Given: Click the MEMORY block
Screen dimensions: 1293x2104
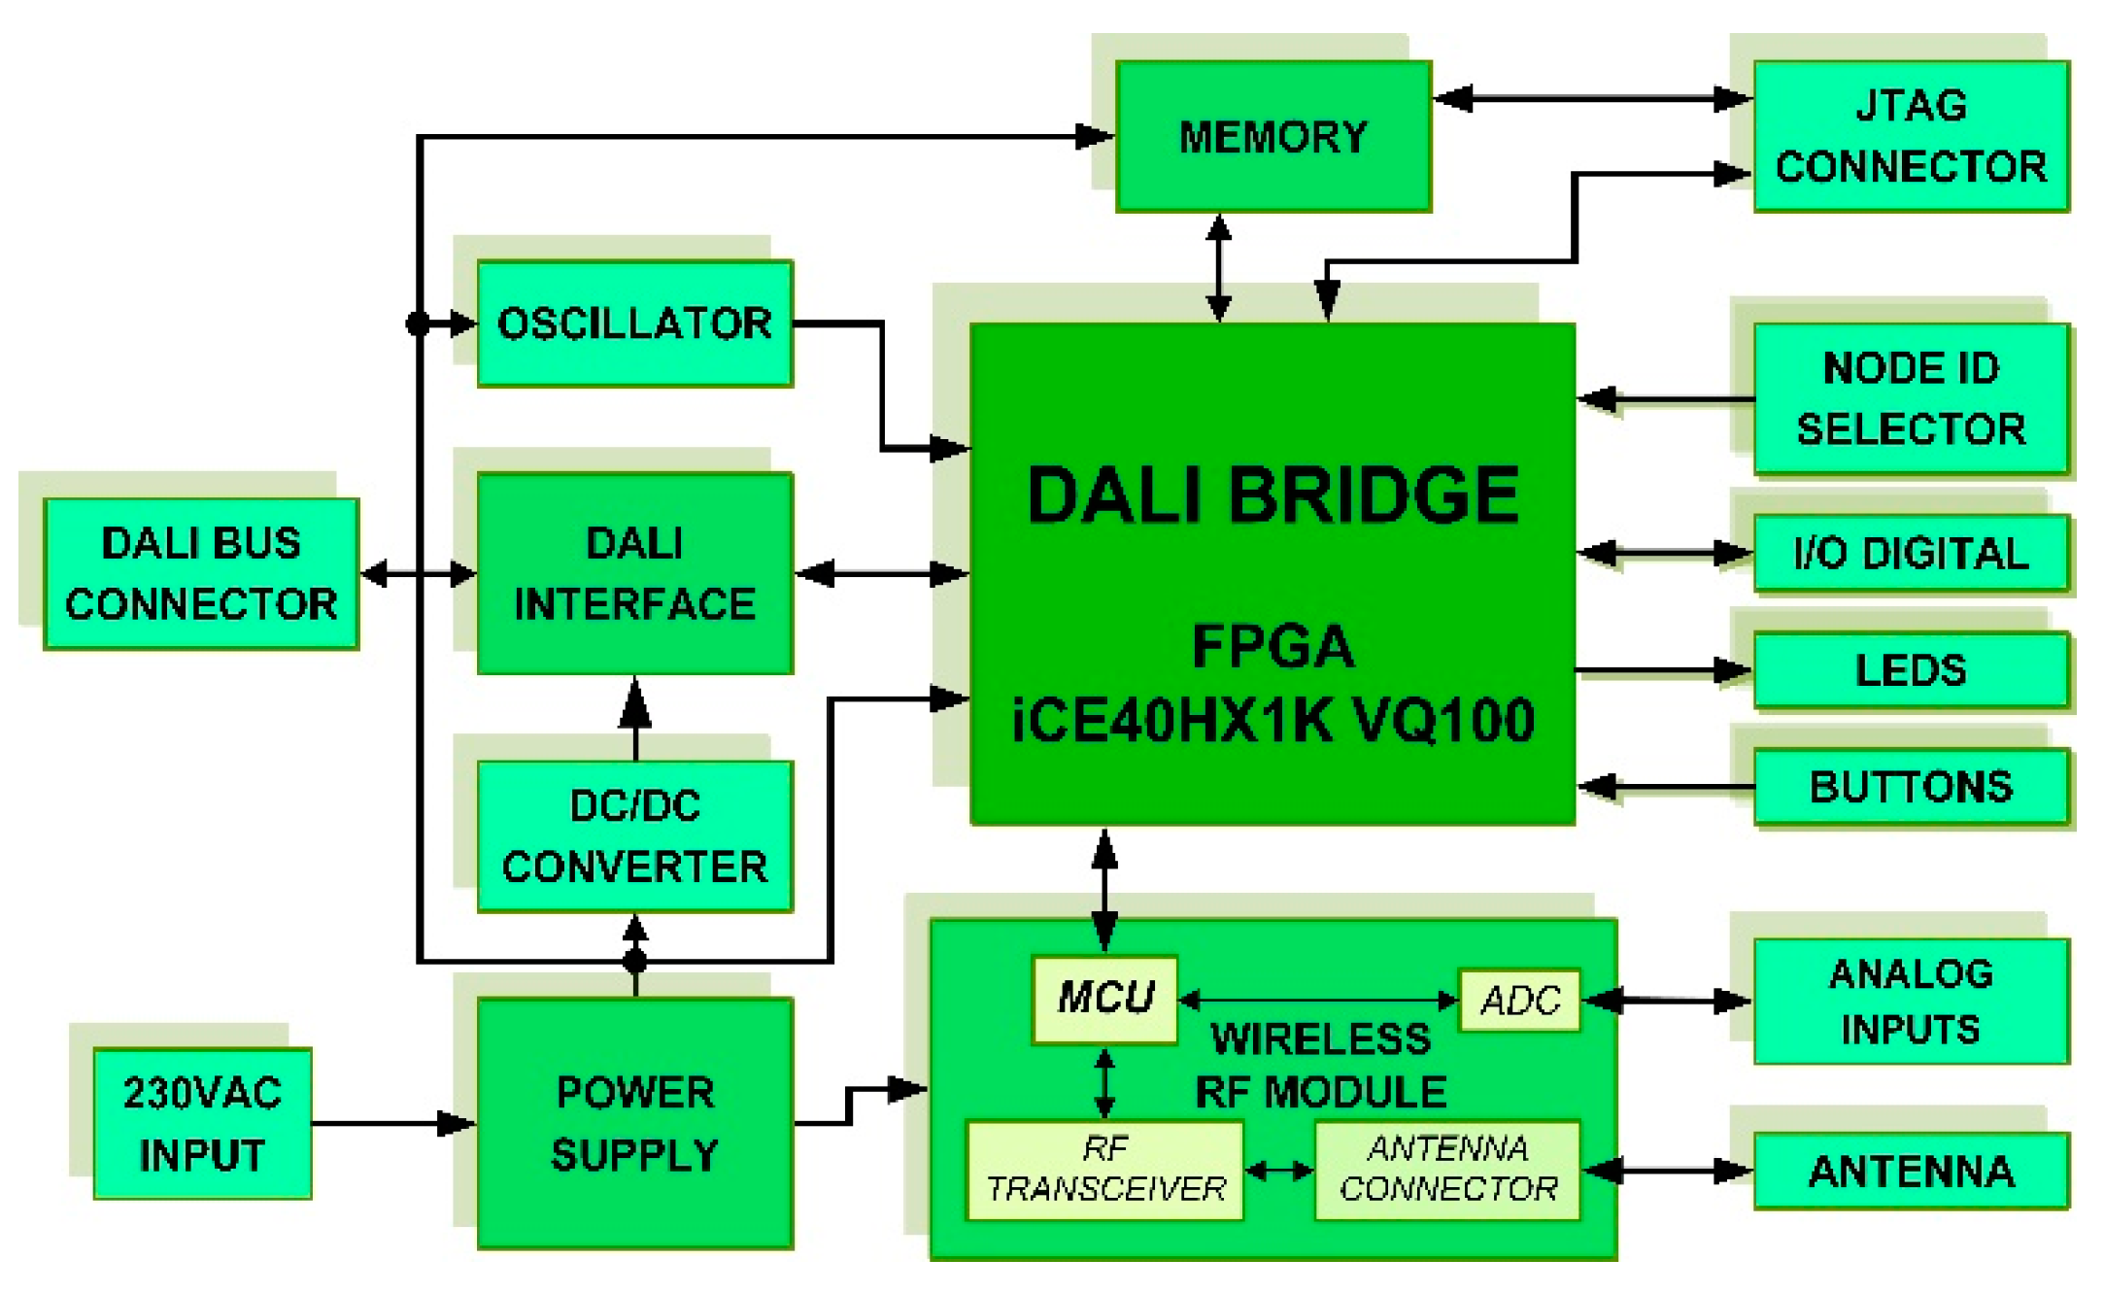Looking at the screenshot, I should [x=1273, y=136].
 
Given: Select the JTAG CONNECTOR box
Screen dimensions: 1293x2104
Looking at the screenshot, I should [x=1911, y=136].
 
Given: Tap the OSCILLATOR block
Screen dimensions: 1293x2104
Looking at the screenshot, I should [x=634, y=323].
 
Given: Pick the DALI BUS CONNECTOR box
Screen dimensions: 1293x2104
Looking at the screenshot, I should [x=201, y=573].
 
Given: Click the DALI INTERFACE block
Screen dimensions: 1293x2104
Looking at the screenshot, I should [x=634, y=573].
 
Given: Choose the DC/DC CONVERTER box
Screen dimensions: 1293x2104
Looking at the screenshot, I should [x=634, y=835].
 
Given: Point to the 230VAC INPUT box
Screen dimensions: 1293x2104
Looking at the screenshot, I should [x=202, y=1123].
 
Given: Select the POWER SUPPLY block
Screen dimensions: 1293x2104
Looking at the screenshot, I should [x=634, y=1123].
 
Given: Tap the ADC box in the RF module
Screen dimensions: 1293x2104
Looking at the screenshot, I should [x=1519, y=1000].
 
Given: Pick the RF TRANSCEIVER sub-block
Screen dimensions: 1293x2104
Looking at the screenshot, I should [x=1104, y=1170].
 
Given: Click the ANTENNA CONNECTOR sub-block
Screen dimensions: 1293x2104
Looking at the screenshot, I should [x=1447, y=1170].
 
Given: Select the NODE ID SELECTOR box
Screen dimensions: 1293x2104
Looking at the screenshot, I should [x=1911, y=398].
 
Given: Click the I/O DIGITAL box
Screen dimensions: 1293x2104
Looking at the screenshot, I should [x=1911, y=553].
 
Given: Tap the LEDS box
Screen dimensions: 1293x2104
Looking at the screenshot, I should [x=1911, y=670].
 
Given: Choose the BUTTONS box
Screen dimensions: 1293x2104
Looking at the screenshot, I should [x=1911, y=786].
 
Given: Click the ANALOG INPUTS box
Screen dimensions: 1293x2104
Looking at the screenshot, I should [x=1911, y=1001].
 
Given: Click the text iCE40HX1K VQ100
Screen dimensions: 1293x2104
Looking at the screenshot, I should [x=1273, y=721].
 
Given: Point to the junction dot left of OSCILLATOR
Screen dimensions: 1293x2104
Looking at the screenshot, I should [x=418, y=323].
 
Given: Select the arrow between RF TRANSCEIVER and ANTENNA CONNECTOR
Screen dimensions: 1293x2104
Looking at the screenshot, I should [x=1279, y=1172].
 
